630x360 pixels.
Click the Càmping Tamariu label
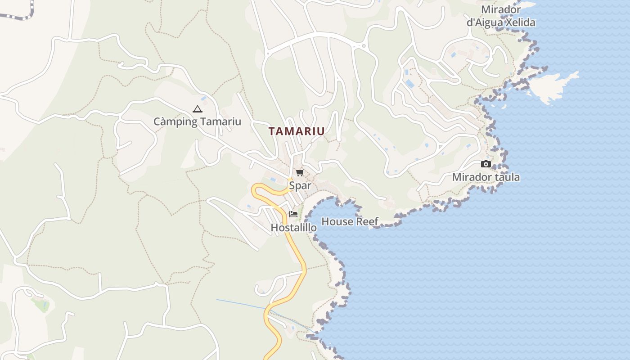197,121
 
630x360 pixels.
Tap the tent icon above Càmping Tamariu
197,109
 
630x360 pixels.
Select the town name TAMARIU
297,131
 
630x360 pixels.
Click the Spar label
300,185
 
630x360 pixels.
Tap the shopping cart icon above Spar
300,172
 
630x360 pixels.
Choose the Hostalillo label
293,228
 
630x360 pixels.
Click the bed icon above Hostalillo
293,214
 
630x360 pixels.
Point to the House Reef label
350,221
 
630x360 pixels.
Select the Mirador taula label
486,177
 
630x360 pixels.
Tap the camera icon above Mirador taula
486,164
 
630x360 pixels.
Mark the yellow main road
297,252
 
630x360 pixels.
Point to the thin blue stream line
243,304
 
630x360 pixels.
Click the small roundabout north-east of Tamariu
364,45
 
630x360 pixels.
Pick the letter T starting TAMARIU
272,131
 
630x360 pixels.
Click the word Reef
367,221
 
